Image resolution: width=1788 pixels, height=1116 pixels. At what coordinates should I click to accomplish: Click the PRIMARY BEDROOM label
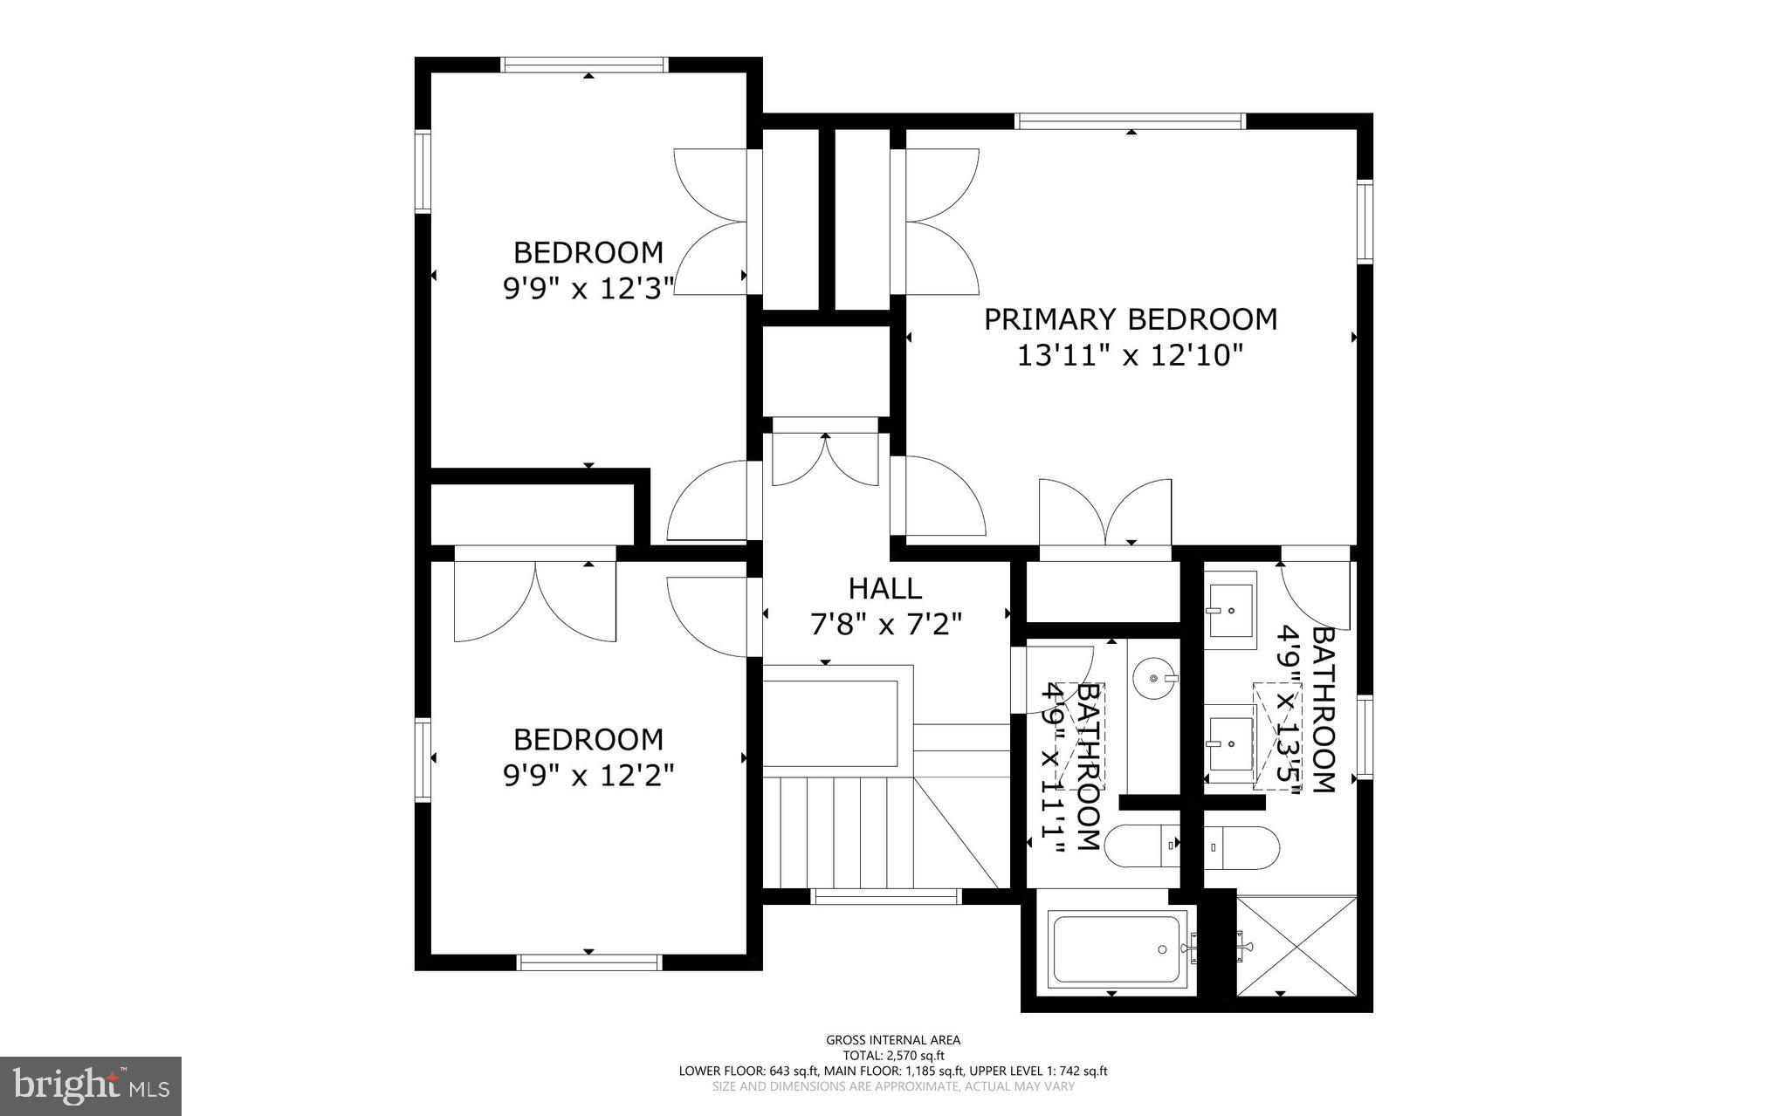point(1130,319)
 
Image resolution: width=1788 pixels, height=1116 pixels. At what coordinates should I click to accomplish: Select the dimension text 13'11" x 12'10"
point(1130,356)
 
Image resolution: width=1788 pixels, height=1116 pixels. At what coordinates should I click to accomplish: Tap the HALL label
point(884,588)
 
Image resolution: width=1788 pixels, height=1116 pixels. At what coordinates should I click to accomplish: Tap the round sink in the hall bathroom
point(1157,677)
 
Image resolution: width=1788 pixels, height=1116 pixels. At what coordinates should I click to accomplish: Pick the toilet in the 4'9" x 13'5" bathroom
point(1241,846)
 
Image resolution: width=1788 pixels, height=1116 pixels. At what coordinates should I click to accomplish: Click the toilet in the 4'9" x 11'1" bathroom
point(1142,846)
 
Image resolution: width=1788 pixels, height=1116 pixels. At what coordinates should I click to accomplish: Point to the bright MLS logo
point(91,1085)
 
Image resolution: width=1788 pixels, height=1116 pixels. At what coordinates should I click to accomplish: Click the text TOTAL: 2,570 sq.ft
point(893,1055)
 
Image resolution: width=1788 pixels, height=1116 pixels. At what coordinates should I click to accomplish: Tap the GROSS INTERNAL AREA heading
point(893,1039)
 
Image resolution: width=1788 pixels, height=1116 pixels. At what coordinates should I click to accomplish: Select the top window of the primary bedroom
point(1131,121)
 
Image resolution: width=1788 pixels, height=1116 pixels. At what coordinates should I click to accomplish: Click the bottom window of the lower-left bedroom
point(589,962)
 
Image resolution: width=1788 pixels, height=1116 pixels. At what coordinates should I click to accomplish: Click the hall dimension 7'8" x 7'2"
point(884,625)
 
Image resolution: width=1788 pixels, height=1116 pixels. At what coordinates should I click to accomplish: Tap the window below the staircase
point(885,896)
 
